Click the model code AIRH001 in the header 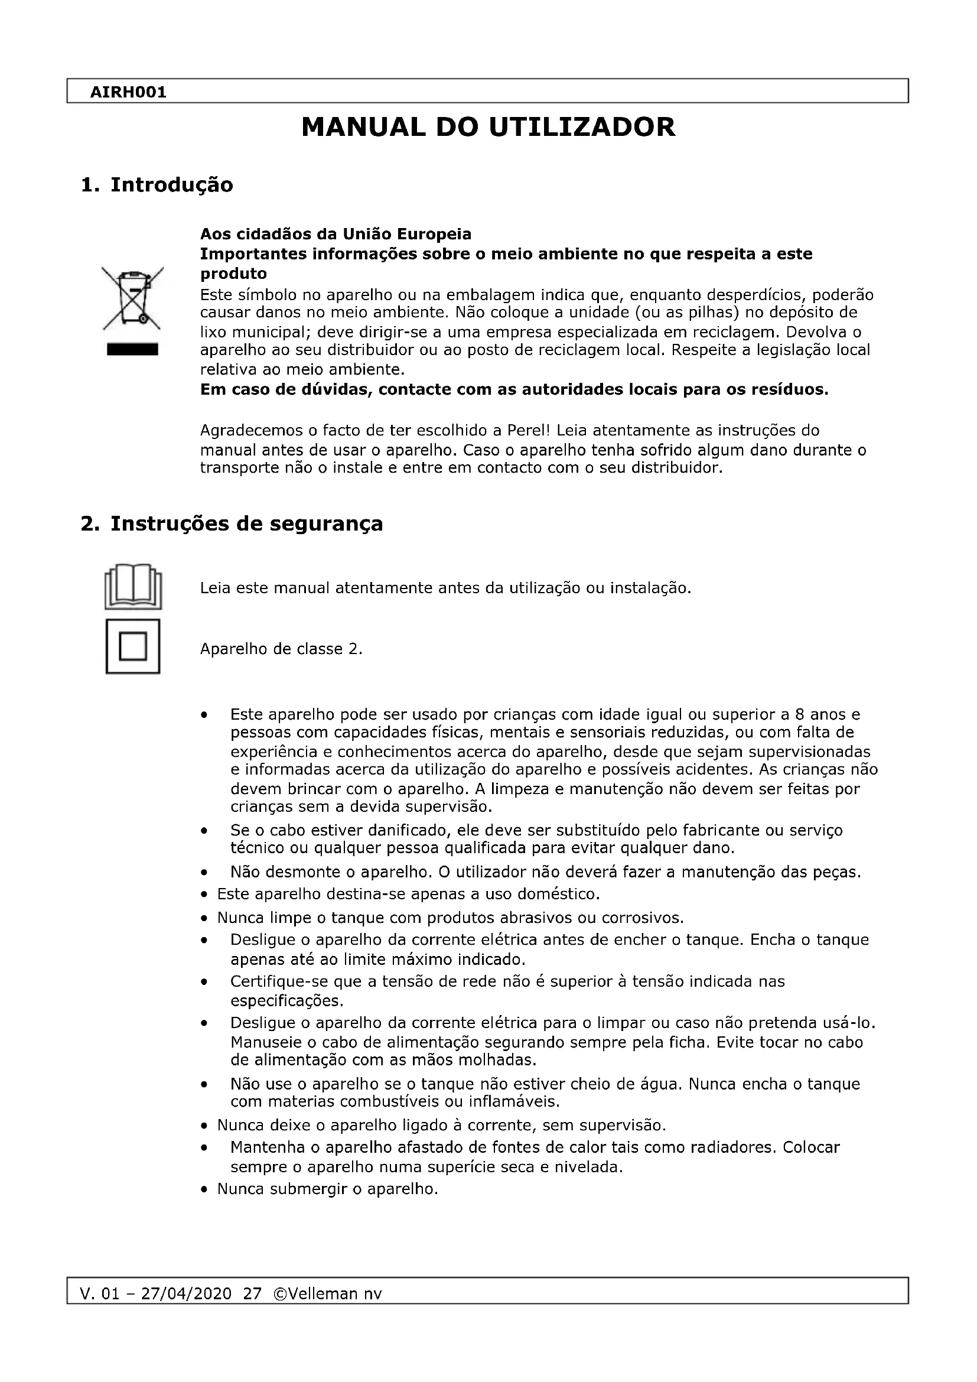(x=128, y=93)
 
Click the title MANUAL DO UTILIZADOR (x=488, y=128)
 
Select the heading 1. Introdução (x=157, y=185)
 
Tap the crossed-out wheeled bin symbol (x=132, y=298)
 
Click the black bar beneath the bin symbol (x=132, y=350)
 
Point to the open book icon (x=133, y=586)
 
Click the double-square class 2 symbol (x=133, y=646)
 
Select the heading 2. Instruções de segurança (x=232, y=523)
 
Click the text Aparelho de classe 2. (x=281, y=649)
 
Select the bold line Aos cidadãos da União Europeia (x=335, y=233)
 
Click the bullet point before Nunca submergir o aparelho (x=205, y=1190)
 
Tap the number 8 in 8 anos (x=800, y=714)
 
